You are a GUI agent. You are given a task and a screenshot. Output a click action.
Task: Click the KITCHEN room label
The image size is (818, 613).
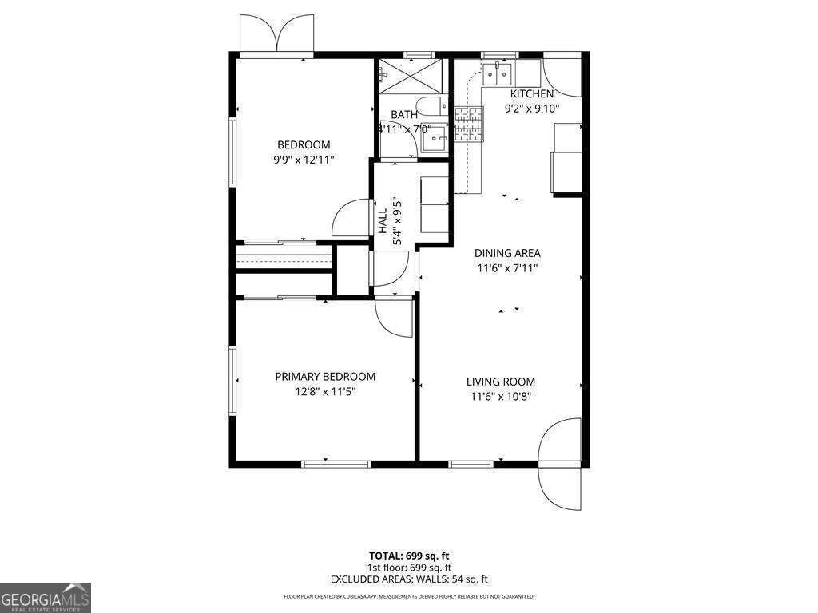pyautogui.click(x=532, y=94)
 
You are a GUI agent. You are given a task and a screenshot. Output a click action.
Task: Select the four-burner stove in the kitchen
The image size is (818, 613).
pyautogui.click(x=469, y=125)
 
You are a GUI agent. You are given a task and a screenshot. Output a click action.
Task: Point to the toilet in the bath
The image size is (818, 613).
pyautogui.click(x=432, y=108)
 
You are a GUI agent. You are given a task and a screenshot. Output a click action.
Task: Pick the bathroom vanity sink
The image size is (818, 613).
pyautogui.click(x=434, y=140)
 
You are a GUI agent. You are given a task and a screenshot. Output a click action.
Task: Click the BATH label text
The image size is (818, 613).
pyautogui.click(x=404, y=115)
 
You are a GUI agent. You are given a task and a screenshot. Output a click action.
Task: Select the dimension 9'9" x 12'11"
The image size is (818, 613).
pyautogui.click(x=304, y=160)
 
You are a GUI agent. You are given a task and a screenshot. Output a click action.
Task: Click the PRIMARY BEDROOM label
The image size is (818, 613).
pyautogui.click(x=325, y=377)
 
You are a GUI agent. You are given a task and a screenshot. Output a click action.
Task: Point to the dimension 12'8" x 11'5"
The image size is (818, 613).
pyautogui.click(x=325, y=391)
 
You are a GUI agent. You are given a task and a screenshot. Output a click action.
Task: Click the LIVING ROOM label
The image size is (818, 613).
pyautogui.click(x=501, y=382)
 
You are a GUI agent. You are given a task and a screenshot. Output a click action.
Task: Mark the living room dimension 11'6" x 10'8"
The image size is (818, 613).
pyautogui.click(x=501, y=396)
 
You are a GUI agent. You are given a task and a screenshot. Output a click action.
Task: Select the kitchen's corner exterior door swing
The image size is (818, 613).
pyautogui.click(x=562, y=77)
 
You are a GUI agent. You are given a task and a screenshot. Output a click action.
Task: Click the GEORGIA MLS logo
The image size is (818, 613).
pyautogui.click(x=46, y=598)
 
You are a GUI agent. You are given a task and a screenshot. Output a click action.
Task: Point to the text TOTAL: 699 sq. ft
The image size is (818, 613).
pyautogui.click(x=409, y=556)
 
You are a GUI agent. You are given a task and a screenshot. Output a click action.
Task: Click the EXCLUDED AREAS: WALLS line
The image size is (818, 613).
pyautogui.click(x=409, y=580)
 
